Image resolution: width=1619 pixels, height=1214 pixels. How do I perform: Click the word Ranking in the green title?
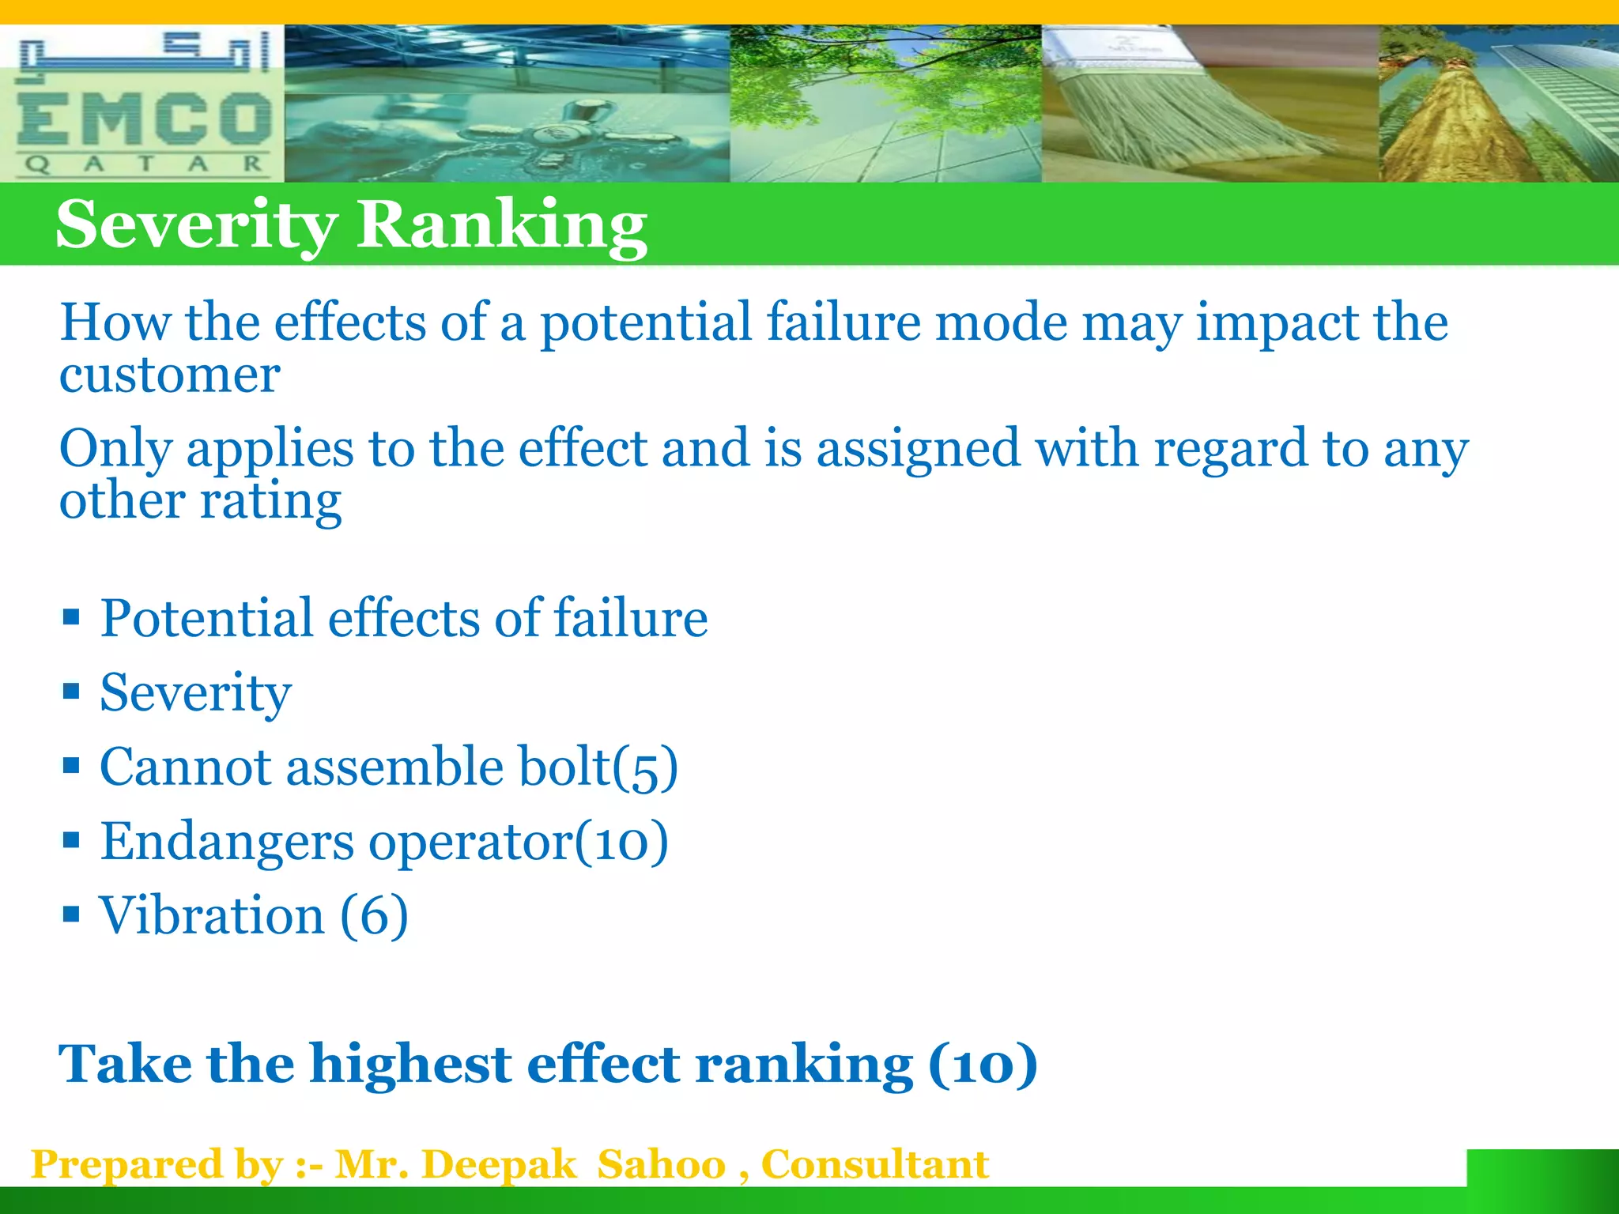[502, 226]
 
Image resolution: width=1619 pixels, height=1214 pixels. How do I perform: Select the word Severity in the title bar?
[196, 226]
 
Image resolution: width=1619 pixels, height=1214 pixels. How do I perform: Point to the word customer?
[169, 375]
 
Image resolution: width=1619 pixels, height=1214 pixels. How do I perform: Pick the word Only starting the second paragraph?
[115, 449]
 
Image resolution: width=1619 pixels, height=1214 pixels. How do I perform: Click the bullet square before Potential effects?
[71, 616]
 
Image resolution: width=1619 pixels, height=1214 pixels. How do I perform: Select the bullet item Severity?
[195, 692]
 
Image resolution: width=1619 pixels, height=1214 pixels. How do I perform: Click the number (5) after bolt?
[646, 767]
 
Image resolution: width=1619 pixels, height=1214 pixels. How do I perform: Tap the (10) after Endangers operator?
[621, 842]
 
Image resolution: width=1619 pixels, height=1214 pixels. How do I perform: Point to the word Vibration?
[211, 915]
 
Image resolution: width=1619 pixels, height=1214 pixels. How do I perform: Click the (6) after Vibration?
[374, 915]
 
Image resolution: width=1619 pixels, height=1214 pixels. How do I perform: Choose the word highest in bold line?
[410, 1065]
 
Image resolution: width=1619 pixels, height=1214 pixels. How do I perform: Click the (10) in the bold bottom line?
[983, 1065]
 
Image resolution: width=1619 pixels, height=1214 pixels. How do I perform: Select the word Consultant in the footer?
[874, 1164]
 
